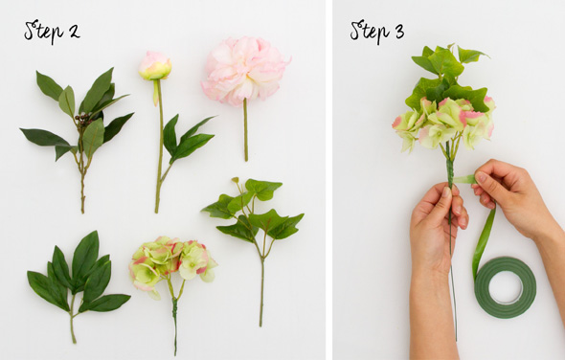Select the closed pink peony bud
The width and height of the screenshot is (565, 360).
pos(155,66)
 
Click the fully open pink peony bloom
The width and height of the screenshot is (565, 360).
pos(244,70)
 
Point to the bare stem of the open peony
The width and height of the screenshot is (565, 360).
pos(246,129)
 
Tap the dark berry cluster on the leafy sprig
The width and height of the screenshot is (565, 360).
pos(83,120)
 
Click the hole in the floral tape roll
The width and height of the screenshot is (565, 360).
pos(506,287)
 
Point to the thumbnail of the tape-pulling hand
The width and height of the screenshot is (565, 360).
pos(481,177)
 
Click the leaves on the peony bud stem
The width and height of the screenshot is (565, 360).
pos(188,139)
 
